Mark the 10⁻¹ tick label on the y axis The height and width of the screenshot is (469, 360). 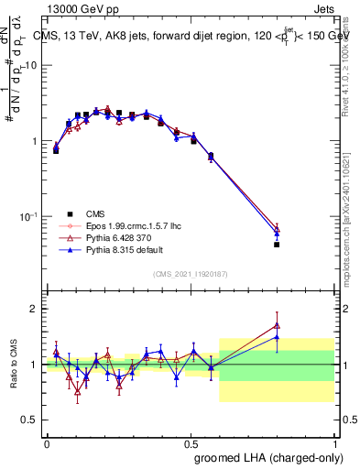(28, 217)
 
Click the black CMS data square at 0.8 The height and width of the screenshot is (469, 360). (277, 245)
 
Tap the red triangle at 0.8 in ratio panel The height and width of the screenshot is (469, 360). (277, 325)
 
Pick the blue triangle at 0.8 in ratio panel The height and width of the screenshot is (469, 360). (277, 337)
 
